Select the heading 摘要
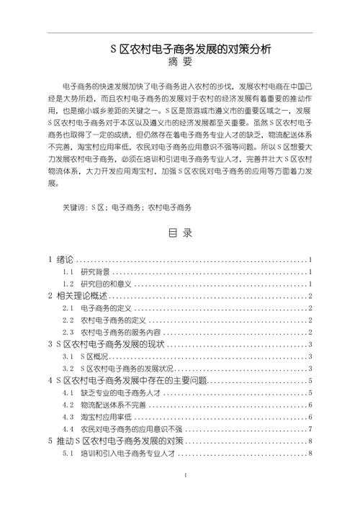180,63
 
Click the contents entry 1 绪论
60,260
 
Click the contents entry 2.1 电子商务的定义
105,309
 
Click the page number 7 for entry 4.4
310,430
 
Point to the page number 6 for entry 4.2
310,405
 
